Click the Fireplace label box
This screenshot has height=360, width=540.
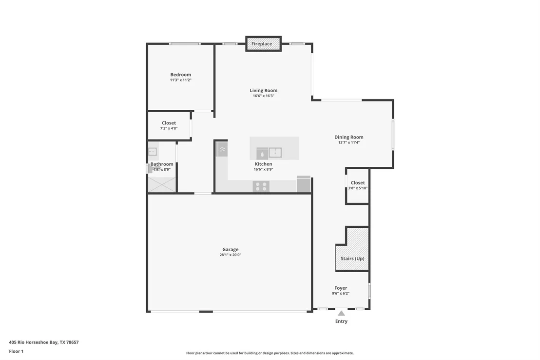[x=264, y=44]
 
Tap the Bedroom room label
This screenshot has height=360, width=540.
[x=180, y=75]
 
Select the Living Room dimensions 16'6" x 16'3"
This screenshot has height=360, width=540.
[x=264, y=96]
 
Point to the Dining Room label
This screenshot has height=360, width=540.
[x=349, y=137]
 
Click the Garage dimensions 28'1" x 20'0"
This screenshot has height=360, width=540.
[x=231, y=255]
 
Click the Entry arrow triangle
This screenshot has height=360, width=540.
[x=341, y=313]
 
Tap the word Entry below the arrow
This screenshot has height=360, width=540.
[x=341, y=321]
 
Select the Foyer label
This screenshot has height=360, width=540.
[x=341, y=288]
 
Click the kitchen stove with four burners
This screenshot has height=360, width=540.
[x=261, y=186]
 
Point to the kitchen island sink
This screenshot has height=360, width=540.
[x=275, y=153]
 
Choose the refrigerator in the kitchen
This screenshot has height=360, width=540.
[x=304, y=184]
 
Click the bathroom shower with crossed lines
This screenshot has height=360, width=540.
[x=162, y=184]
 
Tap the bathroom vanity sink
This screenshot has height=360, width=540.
[x=153, y=151]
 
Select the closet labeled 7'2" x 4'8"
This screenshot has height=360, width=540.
[x=169, y=125]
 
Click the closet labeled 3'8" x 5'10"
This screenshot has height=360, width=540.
[x=357, y=186]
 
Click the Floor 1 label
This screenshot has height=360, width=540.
[x=16, y=351]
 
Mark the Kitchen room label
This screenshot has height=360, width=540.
[x=264, y=164]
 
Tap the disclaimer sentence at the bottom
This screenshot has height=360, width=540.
[x=270, y=353]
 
